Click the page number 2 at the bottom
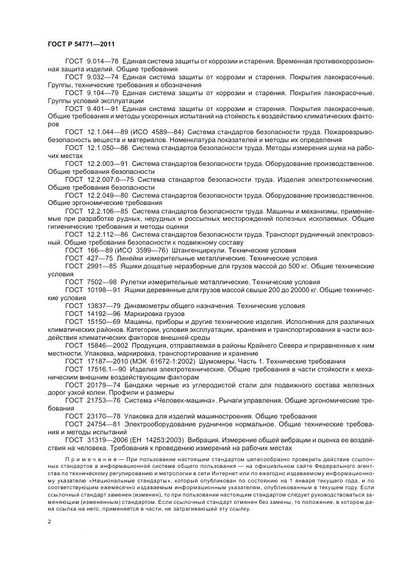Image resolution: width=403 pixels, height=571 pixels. (49, 522)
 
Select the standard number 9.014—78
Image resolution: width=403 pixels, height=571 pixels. (103, 62)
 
